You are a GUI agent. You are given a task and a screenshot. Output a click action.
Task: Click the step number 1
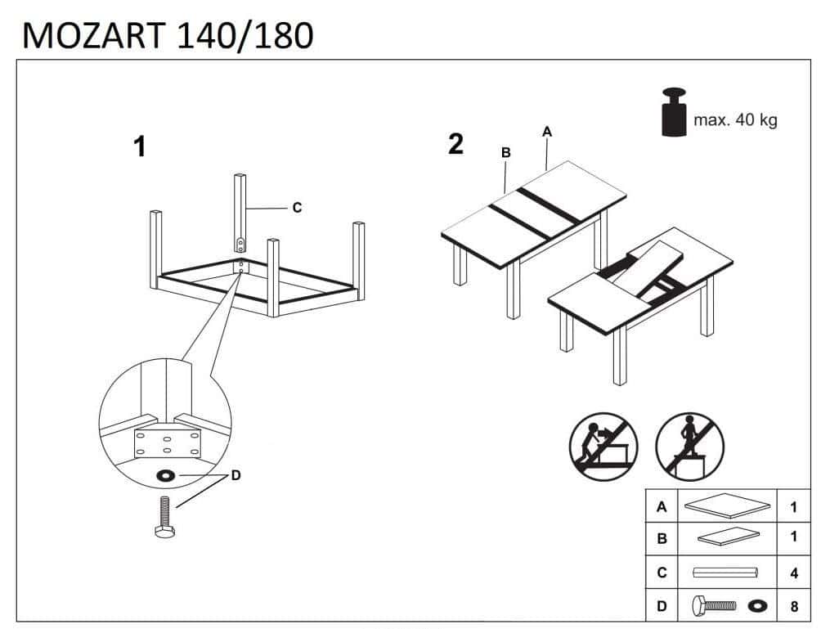coord(140,147)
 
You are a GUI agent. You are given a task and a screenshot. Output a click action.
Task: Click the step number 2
coord(456,144)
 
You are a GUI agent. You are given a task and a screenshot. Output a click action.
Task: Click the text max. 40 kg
coord(735,120)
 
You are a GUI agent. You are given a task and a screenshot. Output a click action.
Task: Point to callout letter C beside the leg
coord(297,208)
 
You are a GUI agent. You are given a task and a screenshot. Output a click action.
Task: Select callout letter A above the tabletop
coord(547,131)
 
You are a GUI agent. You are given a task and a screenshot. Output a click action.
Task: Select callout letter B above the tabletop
coord(505,152)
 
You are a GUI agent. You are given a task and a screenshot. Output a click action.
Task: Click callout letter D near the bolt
coord(236,475)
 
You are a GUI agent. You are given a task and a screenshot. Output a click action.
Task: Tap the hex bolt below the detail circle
coord(164,517)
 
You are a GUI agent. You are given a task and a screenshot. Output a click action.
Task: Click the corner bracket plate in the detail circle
coord(166,442)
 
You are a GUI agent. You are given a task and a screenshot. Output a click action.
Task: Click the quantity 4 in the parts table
coord(793,573)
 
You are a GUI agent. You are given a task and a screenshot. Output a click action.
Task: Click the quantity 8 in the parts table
coord(793,607)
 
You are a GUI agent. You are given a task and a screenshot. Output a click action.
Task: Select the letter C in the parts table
coord(662,573)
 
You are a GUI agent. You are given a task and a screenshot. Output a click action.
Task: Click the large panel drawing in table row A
coord(727,506)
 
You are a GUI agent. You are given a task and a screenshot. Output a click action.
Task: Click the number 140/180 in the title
coord(245,35)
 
